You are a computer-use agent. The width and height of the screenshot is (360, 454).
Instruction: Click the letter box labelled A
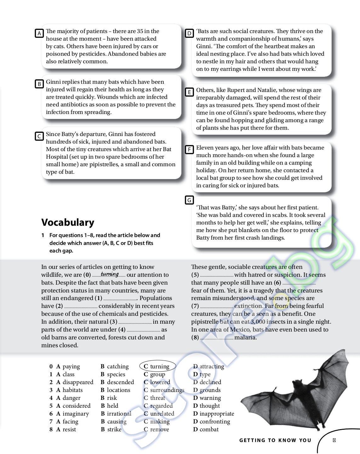pyautogui.click(x=39, y=33)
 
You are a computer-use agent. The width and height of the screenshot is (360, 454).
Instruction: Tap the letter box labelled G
pyautogui.click(x=189, y=200)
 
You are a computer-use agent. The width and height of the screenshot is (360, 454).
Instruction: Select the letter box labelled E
pyautogui.click(x=189, y=92)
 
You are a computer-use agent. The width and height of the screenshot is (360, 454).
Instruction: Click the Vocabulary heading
pyautogui.click(x=68, y=222)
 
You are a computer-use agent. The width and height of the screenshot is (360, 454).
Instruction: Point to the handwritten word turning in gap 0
pyautogui.click(x=110, y=274)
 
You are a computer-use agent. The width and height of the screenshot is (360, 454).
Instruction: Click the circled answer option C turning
pyautogui.click(x=157, y=366)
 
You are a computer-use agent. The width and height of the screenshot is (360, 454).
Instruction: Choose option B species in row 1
pyautogui.click(x=113, y=374)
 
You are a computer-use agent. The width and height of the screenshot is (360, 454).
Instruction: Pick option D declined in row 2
pyautogui.click(x=207, y=382)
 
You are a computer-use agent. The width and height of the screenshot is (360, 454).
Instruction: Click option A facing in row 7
pyautogui.click(x=67, y=422)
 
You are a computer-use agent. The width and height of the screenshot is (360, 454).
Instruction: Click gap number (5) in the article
pyautogui.click(x=195, y=275)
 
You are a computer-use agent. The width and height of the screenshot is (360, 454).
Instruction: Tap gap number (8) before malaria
pyautogui.click(x=195, y=338)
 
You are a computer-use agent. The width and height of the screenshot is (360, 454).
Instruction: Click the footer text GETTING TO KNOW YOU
pyautogui.click(x=275, y=440)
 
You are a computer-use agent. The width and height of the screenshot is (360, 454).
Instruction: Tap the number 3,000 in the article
pyautogui.click(x=258, y=322)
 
